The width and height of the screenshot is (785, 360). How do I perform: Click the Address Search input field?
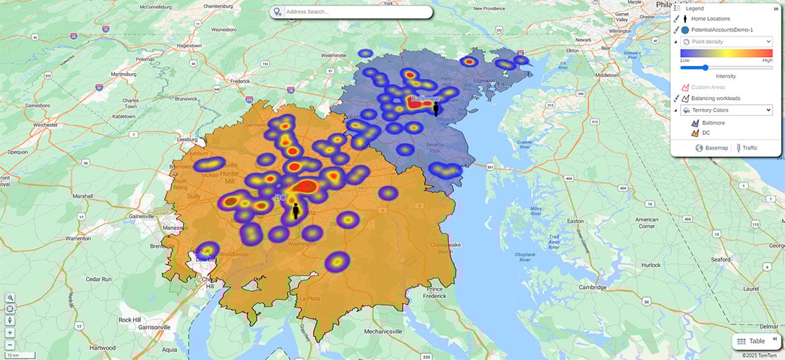click(x=355, y=12)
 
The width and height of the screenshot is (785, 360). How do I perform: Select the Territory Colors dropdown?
click(x=726, y=110)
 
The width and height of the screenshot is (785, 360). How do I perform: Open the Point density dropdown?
click(x=726, y=42)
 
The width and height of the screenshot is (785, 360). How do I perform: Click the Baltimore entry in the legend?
click(x=713, y=122)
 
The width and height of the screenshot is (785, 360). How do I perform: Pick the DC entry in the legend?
click(x=706, y=133)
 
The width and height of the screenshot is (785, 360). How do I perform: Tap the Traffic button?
click(x=747, y=148)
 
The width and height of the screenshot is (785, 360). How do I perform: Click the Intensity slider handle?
click(x=705, y=67)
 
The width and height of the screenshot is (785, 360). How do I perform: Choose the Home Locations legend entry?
click(x=711, y=19)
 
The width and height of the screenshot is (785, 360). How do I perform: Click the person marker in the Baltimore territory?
click(x=436, y=109)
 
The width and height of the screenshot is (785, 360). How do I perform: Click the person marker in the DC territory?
click(x=296, y=211)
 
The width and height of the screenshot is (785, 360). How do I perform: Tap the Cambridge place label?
click(x=593, y=287)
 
